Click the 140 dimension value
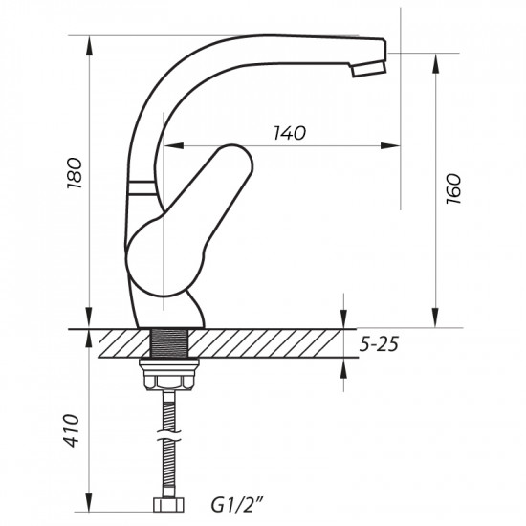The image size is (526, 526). click(290, 134)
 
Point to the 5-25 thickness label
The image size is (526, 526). click(376, 344)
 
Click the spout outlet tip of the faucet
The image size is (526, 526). click(368, 70)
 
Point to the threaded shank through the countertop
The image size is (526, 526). click(172, 343)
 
